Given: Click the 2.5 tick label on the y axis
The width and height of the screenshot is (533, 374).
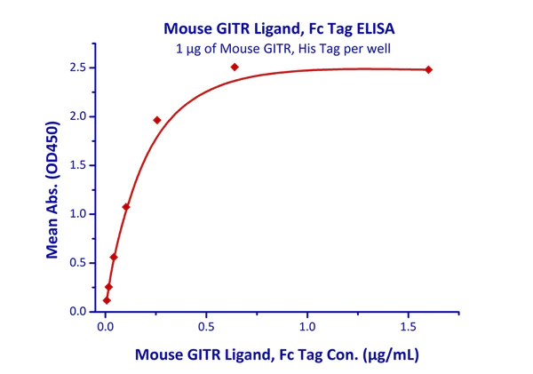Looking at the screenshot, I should click(80, 68).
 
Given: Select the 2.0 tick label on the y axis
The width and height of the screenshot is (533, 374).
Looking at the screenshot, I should click(80, 116).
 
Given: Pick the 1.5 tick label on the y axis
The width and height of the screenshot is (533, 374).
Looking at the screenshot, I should click(80, 165).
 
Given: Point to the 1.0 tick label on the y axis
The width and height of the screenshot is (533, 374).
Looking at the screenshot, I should click(80, 214).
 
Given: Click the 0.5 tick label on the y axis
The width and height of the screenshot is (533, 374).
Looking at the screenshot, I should click(80, 263).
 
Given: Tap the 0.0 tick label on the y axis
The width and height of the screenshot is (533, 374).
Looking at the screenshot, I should click(80, 312).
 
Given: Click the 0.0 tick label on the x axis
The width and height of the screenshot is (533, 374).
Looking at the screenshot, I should click(105, 327).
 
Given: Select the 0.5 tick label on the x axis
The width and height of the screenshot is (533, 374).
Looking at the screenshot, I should click(206, 327).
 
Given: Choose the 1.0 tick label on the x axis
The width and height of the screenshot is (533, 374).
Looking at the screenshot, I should click(307, 327).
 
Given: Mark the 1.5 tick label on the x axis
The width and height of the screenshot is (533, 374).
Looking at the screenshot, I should click(408, 327).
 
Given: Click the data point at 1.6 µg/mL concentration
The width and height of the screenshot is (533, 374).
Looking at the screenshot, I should click(428, 69).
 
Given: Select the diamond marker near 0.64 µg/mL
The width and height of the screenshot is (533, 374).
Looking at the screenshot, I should click(235, 67).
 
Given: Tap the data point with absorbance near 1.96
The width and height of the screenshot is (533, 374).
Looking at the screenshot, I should click(157, 120).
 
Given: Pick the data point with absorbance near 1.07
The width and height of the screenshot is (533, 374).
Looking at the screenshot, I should click(126, 207).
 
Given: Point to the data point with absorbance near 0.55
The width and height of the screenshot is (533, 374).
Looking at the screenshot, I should click(114, 258).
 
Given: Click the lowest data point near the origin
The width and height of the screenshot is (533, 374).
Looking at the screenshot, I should click(107, 300).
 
